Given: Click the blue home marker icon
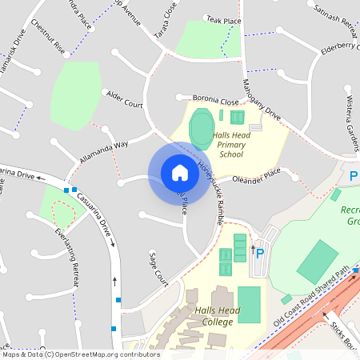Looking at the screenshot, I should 179,173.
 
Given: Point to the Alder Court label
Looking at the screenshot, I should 124,99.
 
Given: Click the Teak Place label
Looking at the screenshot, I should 223,19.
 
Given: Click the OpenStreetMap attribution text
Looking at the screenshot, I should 80,354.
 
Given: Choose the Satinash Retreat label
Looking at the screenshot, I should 336,16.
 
